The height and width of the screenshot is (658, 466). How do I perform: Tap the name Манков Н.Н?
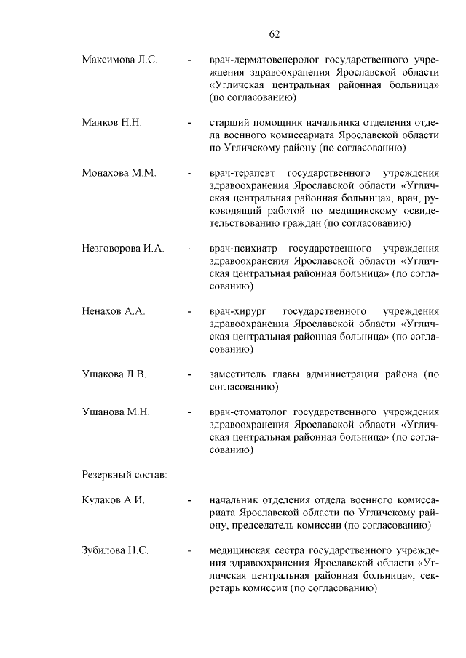pyautogui.click(x=111, y=121)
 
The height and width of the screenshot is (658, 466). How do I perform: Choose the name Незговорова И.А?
pyautogui.click(x=123, y=248)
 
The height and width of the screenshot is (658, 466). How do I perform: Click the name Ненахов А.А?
pyautogui.click(x=114, y=311)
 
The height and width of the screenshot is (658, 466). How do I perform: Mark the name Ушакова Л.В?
pyautogui.click(x=114, y=374)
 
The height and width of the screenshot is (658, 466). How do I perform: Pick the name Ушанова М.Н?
pyautogui.click(x=116, y=412)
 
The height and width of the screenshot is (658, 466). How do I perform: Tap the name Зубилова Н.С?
pyautogui.click(x=115, y=550)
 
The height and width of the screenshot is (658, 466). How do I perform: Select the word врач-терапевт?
pyautogui.click(x=242, y=173)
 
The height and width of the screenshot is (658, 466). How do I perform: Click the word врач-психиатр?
pyautogui.click(x=244, y=248)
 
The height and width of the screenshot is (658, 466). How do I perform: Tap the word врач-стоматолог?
pyautogui.click(x=249, y=412)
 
